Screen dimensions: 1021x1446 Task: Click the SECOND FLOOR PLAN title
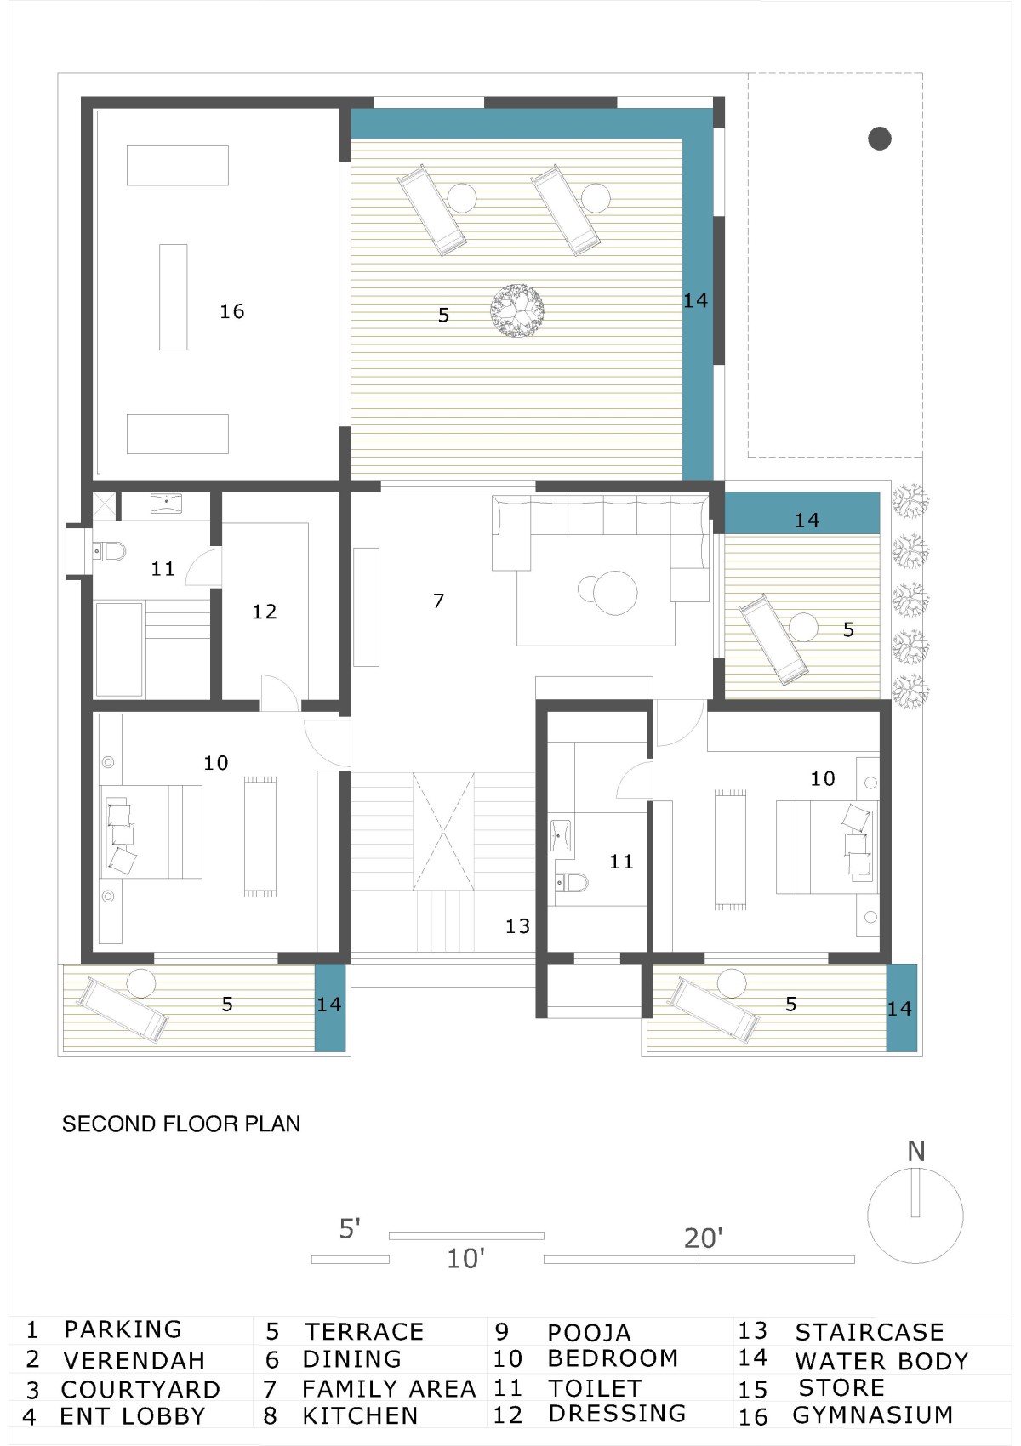181,1124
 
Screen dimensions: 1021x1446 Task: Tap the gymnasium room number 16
232,312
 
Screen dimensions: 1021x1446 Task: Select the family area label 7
439,601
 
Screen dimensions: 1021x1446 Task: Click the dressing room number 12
265,612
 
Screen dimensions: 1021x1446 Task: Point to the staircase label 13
518,926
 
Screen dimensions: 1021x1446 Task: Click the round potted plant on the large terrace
516,310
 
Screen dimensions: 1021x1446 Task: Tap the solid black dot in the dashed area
880,138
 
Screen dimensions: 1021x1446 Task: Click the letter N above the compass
915,1153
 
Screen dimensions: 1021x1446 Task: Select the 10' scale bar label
466,1259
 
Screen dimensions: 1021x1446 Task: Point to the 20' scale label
704,1238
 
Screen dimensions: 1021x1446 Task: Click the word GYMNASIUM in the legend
873,1415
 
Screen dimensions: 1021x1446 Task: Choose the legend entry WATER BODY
882,1361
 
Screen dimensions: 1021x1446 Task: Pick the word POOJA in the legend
589,1333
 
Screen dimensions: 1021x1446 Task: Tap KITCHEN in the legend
361,1415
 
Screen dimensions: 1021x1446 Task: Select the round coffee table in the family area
615,593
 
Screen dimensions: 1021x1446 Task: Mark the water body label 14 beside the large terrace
695,301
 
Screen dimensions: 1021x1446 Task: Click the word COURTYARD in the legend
140,1388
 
